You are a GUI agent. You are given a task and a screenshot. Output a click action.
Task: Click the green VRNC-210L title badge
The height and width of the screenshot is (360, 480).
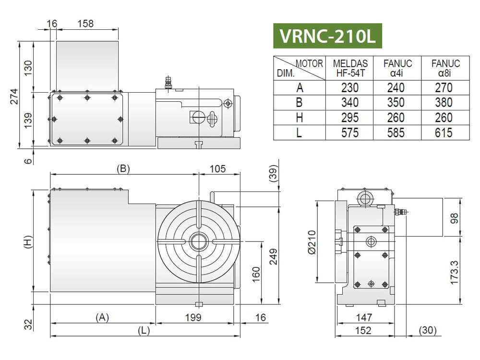pos(327,36)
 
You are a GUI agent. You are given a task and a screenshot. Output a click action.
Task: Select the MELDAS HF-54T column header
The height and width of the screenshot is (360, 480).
pos(350,68)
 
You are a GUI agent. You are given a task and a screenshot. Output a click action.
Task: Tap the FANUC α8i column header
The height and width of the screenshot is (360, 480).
pos(445,68)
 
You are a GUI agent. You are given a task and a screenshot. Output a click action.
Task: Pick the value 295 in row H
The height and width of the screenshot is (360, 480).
pos(350,118)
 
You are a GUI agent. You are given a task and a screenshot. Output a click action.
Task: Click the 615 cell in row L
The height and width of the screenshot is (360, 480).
pos(444,133)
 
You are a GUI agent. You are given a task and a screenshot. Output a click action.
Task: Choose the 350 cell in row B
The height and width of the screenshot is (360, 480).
pos(396,103)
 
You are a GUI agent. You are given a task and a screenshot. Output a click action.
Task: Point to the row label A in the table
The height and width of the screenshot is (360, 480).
pos(300,88)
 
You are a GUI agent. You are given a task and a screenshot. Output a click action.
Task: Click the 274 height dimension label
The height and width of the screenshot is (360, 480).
pos(14,96)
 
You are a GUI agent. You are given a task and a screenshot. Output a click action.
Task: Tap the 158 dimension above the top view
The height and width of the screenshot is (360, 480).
pos(85,24)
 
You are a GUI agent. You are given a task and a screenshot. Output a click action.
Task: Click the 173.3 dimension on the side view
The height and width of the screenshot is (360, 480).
pos(454,273)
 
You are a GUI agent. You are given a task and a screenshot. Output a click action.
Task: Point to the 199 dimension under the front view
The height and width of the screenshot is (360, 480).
pos(193,317)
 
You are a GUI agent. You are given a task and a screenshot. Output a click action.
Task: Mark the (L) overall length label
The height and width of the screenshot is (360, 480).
pos(144,331)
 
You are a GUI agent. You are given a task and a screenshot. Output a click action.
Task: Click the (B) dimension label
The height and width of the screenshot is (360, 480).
pos(123,168)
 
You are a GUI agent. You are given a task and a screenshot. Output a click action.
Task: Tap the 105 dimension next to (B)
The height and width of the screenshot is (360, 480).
pos(217,168)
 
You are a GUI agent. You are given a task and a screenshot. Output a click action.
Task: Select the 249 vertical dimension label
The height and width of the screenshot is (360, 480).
pos(273,256)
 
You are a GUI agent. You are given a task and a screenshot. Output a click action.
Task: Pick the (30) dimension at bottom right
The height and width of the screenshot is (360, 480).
pos(428,330)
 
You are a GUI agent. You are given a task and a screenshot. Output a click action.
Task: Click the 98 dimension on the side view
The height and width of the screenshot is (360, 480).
pos(454,218)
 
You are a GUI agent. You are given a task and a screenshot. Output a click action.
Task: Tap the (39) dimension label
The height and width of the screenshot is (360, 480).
pos(273,174)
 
